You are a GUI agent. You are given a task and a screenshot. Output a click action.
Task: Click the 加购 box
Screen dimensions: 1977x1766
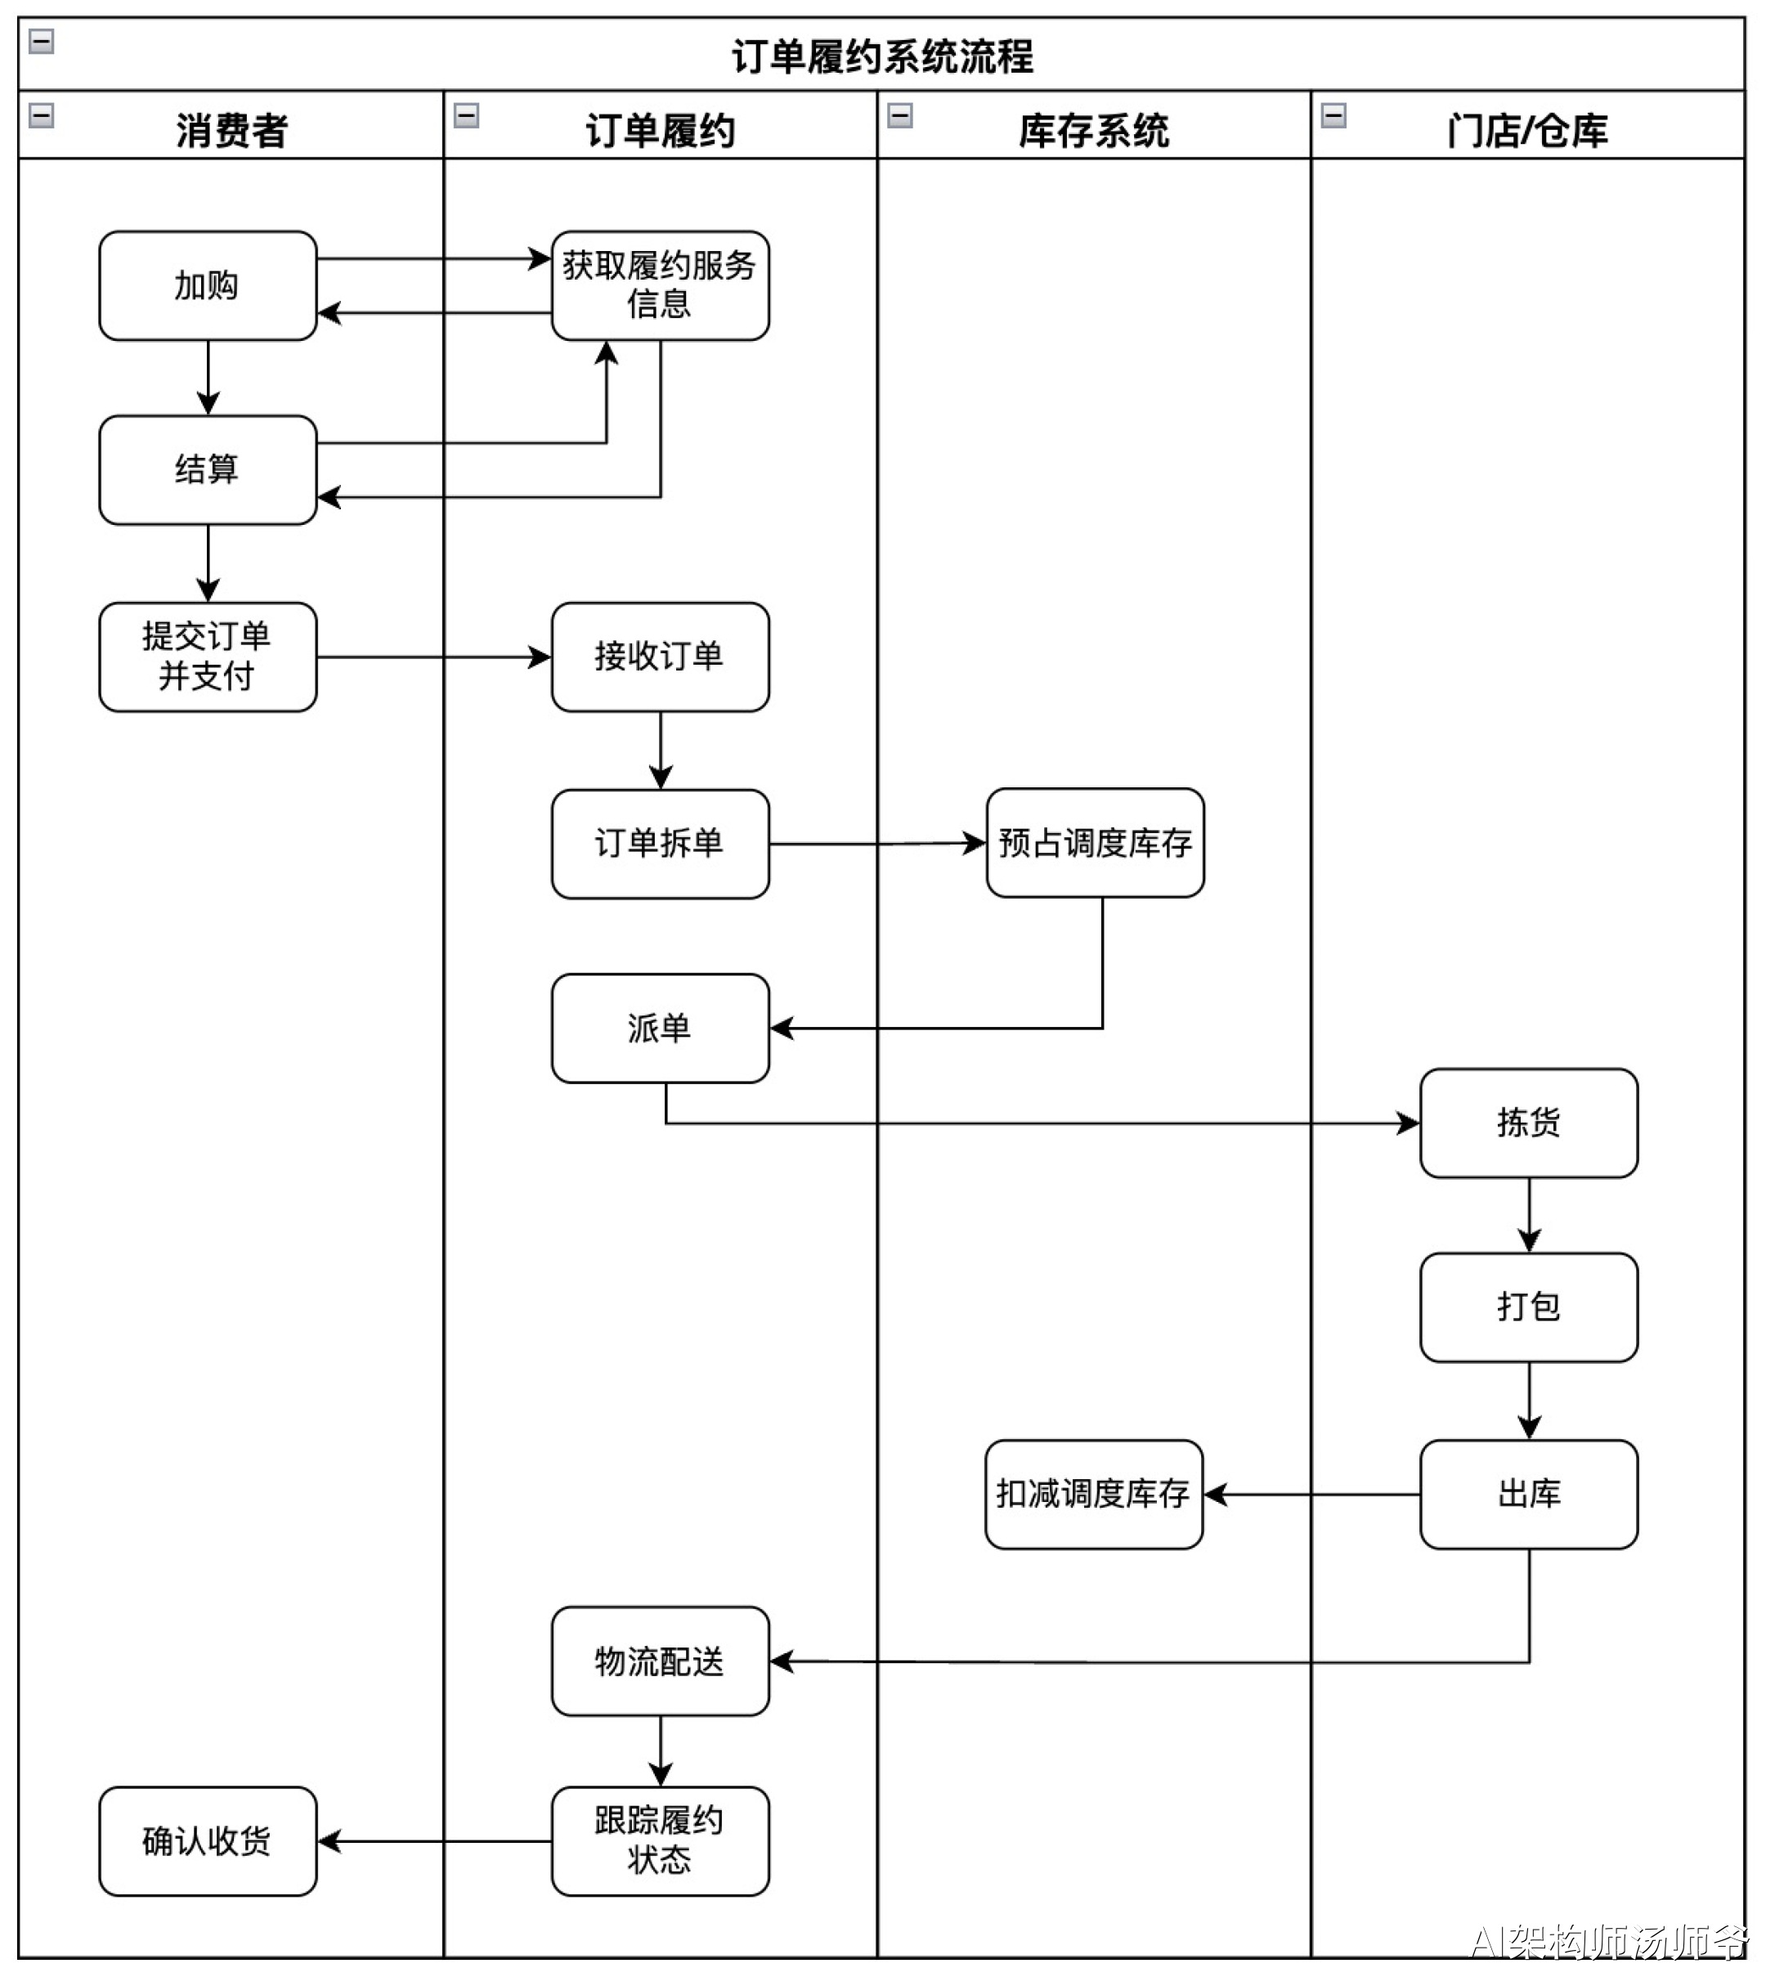pos(208,285)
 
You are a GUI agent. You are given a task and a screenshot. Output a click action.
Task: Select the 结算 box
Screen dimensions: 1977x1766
pos(208,470)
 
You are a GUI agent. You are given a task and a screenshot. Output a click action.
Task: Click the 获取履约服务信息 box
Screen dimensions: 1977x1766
pos(660,285)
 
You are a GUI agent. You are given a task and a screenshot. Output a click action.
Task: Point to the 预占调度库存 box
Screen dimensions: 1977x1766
pos(1095,841)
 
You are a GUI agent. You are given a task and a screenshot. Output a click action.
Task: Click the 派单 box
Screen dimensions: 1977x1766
pos(660,1028)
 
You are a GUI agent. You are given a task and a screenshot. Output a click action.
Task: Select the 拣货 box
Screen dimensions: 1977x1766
pos(1528,1123)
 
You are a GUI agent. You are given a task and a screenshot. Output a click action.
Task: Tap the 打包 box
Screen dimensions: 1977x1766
pos(1528,1307)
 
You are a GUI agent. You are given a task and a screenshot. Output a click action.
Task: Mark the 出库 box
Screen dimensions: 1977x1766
pos(1528,1494)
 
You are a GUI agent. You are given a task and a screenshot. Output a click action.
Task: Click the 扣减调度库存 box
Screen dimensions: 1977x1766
pos(1094,1494)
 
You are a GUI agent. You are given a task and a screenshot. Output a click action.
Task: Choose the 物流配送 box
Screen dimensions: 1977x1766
pos(660,1661)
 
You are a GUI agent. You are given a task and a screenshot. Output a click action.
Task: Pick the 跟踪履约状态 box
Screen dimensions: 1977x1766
pos(660,1840)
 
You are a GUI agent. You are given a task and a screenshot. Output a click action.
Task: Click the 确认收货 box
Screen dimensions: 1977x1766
pos(208,1840)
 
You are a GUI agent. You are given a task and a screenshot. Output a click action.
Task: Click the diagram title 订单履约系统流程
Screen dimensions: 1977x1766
pos(881,56)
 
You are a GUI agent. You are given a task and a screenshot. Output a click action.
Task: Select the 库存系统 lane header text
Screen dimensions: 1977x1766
pos(1094,131)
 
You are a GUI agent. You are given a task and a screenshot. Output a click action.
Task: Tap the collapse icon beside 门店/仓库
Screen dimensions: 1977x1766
pos(1333,115)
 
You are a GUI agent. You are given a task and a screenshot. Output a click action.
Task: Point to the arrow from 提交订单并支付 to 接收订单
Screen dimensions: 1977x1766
pos(434,657)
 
